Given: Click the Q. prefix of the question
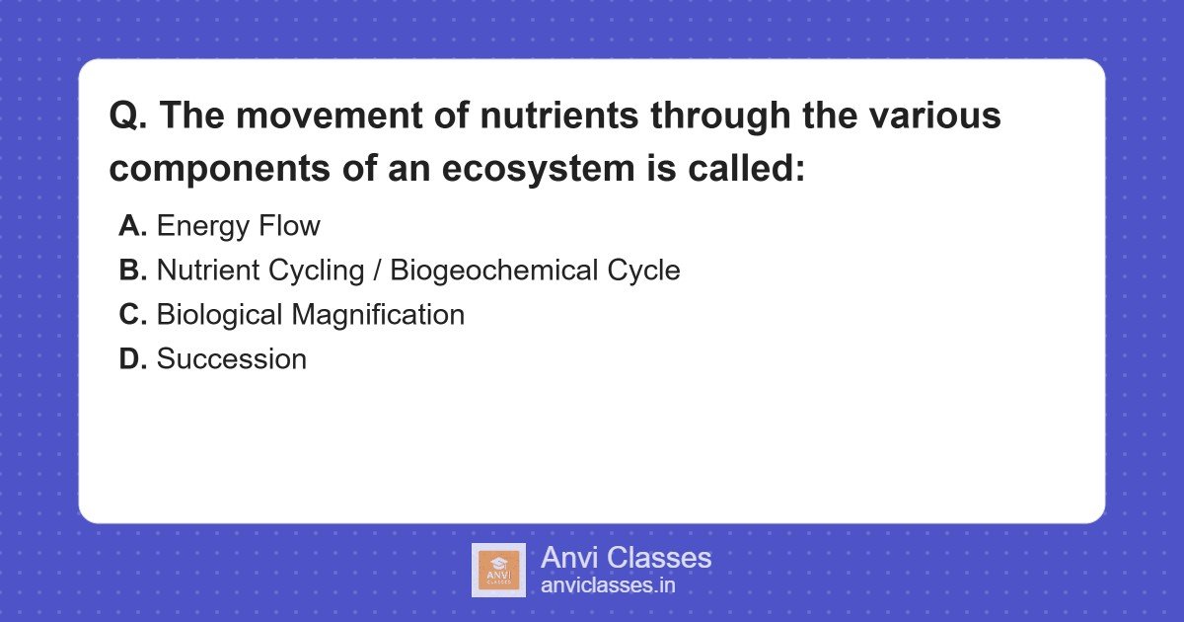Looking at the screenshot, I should (x=128, y=117).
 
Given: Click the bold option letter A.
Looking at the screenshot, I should (x=133, y=226).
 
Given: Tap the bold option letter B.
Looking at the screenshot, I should (x=133, y=270).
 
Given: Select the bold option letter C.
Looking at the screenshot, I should (x=133, y=314).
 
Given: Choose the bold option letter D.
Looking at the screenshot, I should (x=133, y=358).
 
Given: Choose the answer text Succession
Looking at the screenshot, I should (x=232, y=358).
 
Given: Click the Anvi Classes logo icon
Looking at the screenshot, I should (x=498, y=570).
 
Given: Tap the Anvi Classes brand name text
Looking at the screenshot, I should (x=626, y=558).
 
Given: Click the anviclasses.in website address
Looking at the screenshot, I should (x=608, y=585).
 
